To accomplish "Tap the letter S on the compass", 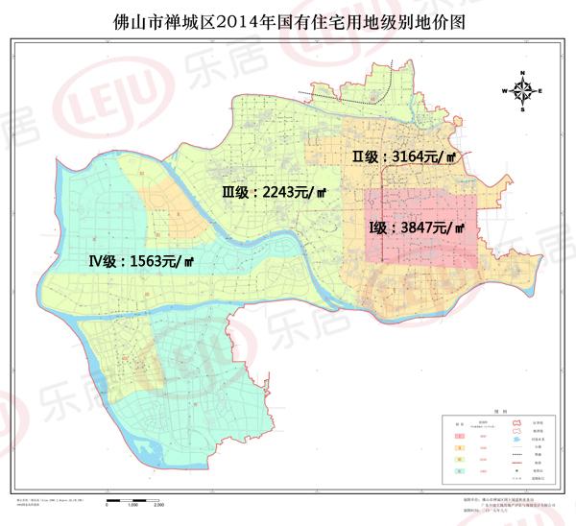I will (523, 110).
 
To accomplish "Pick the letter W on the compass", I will (504, 91).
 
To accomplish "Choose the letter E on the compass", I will (541, 91).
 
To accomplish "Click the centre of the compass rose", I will (523, 91).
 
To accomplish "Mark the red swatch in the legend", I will (459, 436).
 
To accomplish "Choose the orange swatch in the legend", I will (459, 448).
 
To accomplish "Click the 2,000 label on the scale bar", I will (159, 505).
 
